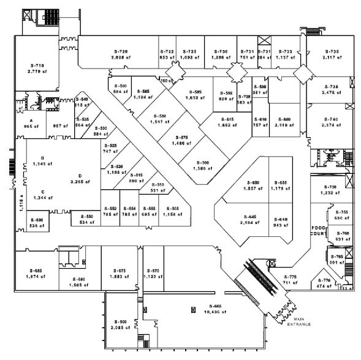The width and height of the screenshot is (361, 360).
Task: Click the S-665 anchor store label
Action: pyautogui.click(x=214, y=306)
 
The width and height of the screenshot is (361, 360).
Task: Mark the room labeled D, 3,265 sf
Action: pyautogui.click(x=80, y=179)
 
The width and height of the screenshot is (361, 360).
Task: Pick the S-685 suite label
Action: pyautogui.click(x=36, y=271)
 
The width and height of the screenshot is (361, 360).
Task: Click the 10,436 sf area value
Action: pyautogui.click(x=214, y=311)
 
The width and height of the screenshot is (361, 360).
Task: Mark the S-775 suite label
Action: pyautogui.click(x=289, y=277)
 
